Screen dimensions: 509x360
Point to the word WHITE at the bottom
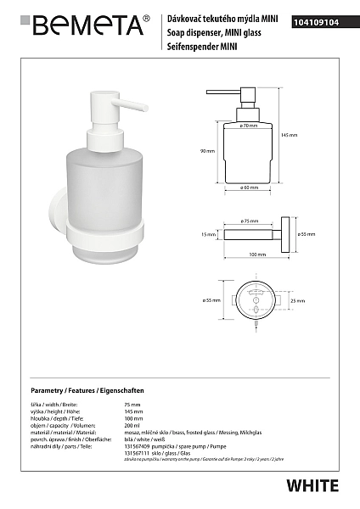point(312,486)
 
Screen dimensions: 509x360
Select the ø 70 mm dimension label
point(249,126)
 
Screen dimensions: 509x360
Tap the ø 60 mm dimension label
point(249,187)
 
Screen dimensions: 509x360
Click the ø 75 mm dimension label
point(250,221)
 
